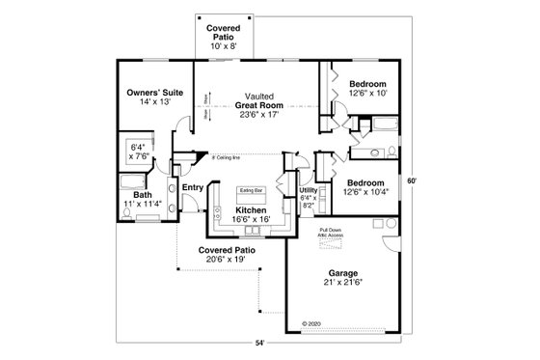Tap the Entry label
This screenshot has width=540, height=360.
(193, 186)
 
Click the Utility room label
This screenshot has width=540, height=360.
(308, 191)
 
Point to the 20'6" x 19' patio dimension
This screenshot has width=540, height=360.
(221, 259)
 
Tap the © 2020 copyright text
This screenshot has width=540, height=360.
(310, 323)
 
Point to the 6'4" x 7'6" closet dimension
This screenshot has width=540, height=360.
(136, 152)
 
